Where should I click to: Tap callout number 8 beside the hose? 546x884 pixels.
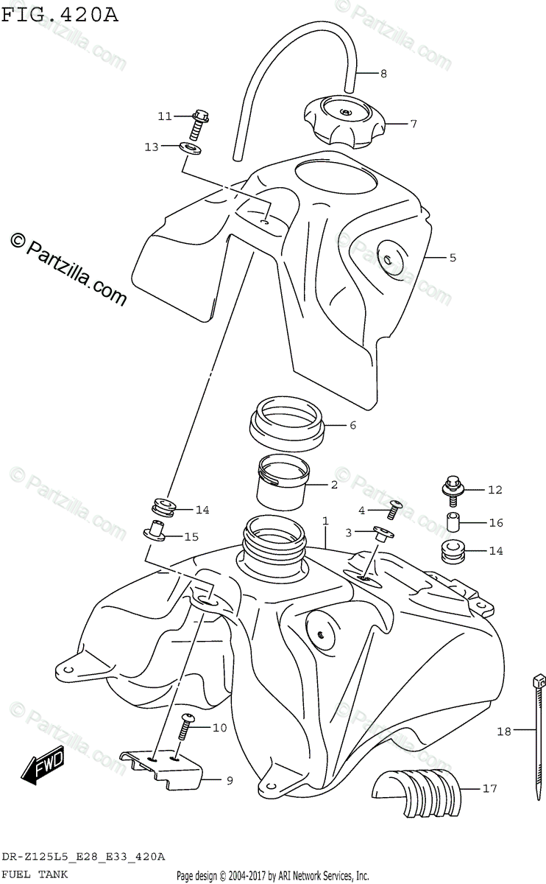point(383,73)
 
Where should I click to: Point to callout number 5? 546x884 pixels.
point(453,257)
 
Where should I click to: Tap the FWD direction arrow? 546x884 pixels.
point(43,766)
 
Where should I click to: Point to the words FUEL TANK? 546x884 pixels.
point(36,874)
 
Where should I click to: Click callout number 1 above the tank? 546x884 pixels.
point(325,522)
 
